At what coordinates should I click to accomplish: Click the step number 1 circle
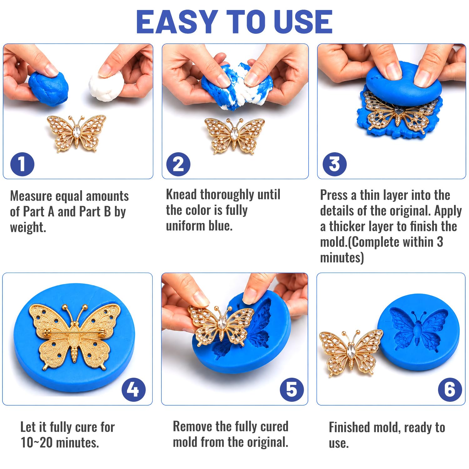[22, 164]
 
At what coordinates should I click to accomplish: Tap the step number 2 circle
[178, 164]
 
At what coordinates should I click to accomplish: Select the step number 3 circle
[334, 164]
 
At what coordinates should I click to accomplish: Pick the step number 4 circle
[134, 390]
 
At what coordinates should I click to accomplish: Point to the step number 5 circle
[292, 390]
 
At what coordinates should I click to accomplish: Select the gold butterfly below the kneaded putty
[234, 135]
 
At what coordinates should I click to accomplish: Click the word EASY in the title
[177, 22]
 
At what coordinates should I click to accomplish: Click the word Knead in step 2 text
[181, 194]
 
